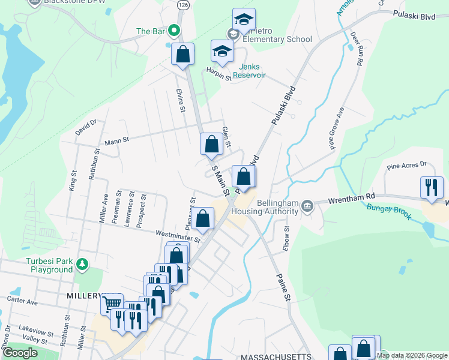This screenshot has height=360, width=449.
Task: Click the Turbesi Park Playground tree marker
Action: tap(82, 263)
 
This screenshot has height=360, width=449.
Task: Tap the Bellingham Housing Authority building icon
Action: tap(307, 206)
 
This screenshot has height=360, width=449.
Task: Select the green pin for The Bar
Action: tap(175, 31)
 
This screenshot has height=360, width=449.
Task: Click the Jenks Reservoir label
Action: tap(259, 71)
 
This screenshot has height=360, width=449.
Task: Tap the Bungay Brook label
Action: tap(390, 212)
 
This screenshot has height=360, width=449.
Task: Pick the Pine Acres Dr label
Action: tap(406, 164)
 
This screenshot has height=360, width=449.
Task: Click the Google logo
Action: tap(19, 353)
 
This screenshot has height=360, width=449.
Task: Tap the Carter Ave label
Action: tap(22, 299)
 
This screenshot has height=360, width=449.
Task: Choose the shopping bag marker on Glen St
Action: tap(211, 144)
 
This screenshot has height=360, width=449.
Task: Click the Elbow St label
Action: tap(286, 237)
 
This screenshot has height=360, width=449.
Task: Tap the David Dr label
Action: tap(86, 127)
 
